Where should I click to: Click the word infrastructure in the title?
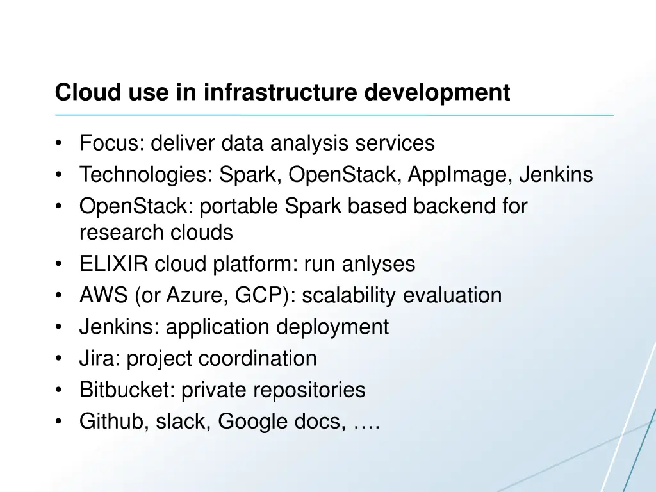(x=282, y=93)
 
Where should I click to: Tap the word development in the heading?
(x=438, y=93)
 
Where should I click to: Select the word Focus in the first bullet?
(x=111, y=143)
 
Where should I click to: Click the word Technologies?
(x=145, y=174)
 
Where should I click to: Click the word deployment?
(x=332, y=327)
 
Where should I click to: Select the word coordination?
(x=258, y=358)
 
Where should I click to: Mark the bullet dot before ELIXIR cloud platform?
(x=59, y=265)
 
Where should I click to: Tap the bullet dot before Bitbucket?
(x=59, y=390)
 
